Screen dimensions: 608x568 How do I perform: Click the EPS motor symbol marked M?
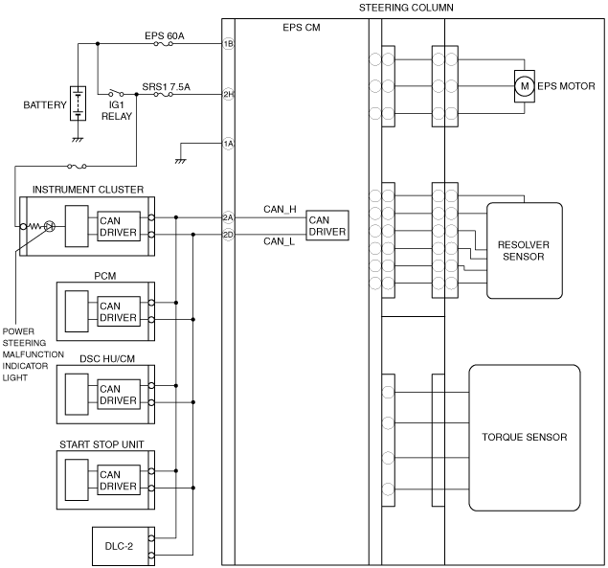tap(525, 86)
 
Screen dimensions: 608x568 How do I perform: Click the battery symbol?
tap(78, 103)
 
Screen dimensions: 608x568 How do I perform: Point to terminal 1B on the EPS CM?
tap(229, 44)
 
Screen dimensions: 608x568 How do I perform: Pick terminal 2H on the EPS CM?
tap(229, 94)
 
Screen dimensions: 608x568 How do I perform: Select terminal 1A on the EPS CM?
tap(229, 144)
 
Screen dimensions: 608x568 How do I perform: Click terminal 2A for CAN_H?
tap(229, 217)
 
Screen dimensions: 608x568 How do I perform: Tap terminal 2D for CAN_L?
tap(229, 235)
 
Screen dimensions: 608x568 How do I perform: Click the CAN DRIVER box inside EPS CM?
tap(327, 225)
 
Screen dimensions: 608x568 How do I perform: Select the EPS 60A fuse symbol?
tap(163, 44)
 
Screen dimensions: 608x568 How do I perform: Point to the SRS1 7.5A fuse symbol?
tap(163, 94)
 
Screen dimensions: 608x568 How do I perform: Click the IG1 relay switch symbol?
tap(116, 93)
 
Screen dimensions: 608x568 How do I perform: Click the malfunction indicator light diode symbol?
tap(49, 226)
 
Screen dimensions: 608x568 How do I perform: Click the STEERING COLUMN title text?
tap(406, 8)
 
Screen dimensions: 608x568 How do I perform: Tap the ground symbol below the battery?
tap(78, 140)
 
